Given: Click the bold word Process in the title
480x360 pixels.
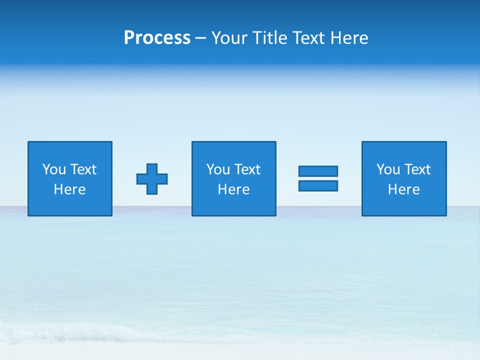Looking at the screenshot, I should pyautogui.click(x=157, y=38).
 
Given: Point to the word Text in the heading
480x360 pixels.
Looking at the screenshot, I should pyautogui.click(x=308, y=38).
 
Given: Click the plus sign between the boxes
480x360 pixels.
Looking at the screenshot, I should pyautogui.click(x=152, y=179).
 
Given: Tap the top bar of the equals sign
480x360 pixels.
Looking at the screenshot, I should pyautogui.click(x=318, y=171).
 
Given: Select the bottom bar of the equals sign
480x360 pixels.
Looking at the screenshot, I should pyautogui.click(x=318, y=185).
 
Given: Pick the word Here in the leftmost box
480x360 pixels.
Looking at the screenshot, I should pyautogui.click(x=69, y=189).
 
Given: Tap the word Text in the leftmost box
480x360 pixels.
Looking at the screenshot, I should pyautogui.click(x=83, y=169).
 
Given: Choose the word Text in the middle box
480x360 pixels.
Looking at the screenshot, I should pyautogui.click(x=247, y=169).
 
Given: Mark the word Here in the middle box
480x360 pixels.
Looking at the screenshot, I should pyautogui.click(x=233, y=189).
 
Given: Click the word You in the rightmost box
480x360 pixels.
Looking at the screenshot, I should pyautogui.click(x=388, y=169).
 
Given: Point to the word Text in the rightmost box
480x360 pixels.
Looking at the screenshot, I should pyautogui.click(x=417, y=169).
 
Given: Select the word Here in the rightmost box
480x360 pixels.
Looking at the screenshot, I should pyautogui.click(x=403, y=189).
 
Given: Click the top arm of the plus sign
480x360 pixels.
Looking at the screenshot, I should pyautogui.click(x=152, y=168).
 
